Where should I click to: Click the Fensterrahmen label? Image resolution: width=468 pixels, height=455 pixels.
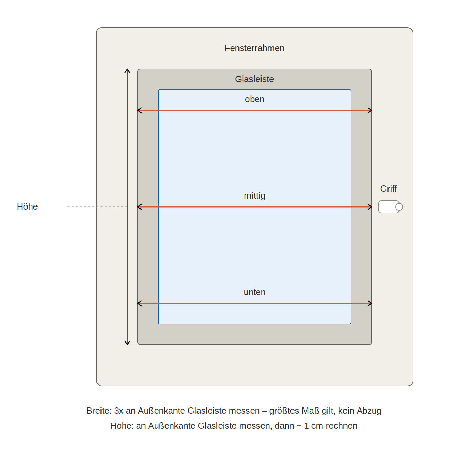coord(254,48)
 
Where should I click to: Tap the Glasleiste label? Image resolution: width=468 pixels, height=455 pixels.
coord(254,79)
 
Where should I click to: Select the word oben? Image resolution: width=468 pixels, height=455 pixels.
coord(254,99)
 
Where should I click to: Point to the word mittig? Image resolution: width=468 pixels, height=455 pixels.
coord(254,195)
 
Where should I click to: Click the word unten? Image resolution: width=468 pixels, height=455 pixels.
coord(254,292)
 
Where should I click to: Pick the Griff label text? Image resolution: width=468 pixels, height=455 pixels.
coord(389,189)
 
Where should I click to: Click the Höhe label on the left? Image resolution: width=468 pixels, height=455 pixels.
coord(27,207)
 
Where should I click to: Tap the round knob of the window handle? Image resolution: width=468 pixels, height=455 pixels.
coord(399,207)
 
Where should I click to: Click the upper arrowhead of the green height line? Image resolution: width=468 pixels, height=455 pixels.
coord(127,71)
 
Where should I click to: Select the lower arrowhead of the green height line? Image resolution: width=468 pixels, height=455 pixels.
coord(127,343)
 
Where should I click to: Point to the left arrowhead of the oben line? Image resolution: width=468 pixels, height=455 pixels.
coord(139,110)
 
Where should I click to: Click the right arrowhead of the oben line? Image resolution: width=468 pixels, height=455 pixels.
coord(370,110)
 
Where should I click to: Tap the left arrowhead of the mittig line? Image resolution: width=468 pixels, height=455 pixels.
coord(139,207)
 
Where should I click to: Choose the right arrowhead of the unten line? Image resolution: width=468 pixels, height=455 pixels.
coord(370,303)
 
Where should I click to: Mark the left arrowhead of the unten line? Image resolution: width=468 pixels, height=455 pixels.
coord(139,303)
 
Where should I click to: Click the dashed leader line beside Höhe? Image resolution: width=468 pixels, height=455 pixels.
coord(97,207)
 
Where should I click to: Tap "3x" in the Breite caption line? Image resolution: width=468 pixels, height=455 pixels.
coord(119,411)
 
